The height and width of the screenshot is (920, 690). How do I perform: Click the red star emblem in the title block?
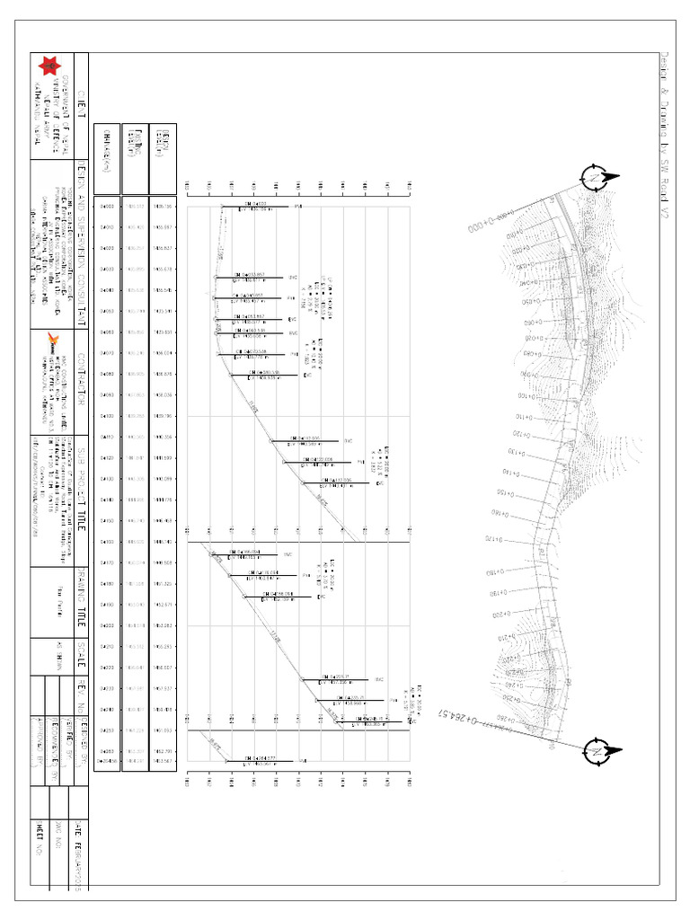[47, 66]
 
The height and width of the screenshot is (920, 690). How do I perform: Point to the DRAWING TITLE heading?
[81, 601]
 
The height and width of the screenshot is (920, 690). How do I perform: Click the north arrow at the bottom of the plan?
[597, 751]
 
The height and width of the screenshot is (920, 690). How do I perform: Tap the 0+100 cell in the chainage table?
[106, 416]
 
